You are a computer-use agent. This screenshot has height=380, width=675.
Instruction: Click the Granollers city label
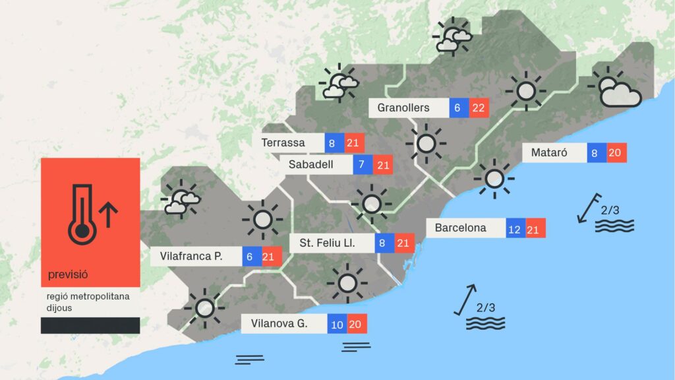click(403, 108)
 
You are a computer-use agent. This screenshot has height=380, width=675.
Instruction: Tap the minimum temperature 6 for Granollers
click(459, 108)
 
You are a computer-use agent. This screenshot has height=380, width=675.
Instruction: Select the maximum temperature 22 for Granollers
click(479, 108)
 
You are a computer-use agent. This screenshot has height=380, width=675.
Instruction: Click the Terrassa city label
click(283, 143)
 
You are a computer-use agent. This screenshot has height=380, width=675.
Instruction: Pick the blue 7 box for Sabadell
click(363, 164)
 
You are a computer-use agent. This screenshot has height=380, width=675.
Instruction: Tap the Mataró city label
click(550, 153)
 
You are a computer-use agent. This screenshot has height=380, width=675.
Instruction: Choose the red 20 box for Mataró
click(616, 153)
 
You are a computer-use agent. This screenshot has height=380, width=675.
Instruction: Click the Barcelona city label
click(460, 228)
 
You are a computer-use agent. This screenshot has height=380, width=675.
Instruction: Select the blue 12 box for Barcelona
click(515, 229)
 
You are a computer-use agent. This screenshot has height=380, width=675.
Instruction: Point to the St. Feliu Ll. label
click(328, 243)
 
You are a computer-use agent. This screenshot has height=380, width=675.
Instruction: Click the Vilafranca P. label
click(191, 256)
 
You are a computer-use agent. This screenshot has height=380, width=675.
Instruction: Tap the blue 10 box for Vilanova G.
click(337, 324)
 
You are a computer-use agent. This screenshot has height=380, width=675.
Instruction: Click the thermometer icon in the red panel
click(82, 212)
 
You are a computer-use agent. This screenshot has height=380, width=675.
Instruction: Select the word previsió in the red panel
click(68, 274)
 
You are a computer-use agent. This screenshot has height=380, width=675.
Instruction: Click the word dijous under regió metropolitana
click(59, 308)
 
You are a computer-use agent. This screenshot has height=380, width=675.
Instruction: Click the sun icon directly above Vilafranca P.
click(262, 218)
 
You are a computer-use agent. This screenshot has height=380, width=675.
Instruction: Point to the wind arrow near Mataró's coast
click(588, 208)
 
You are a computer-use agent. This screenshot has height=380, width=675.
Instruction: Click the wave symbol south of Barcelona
click(485, 323)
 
